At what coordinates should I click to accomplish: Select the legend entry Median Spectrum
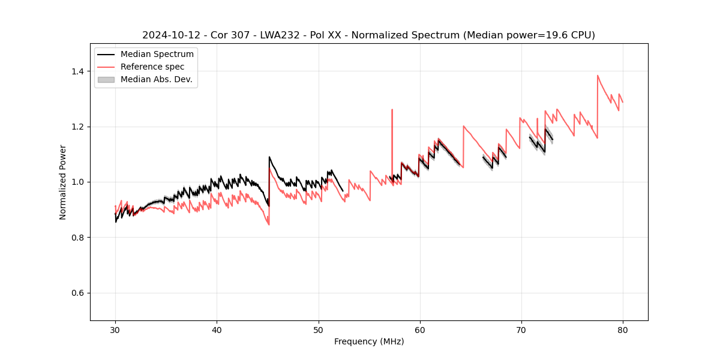[157, 55]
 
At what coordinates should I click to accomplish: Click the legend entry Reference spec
[152, 67]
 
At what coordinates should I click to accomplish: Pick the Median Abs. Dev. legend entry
[157, 80]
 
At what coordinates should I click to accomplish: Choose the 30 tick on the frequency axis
[115, 329]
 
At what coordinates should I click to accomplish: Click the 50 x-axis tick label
[319, 329]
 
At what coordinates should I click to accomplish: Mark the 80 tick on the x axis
[623, 329]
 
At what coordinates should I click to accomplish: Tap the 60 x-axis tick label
[420, 329]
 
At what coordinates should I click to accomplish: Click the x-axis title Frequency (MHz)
[369, 341]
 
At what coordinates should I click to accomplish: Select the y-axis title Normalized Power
[63, 182]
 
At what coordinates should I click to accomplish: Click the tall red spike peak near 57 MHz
[392, 110]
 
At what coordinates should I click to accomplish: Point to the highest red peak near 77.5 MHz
[598, 76]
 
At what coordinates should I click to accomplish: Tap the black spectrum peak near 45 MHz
[269, 157]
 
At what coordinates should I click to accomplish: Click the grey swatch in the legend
[106, 80]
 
